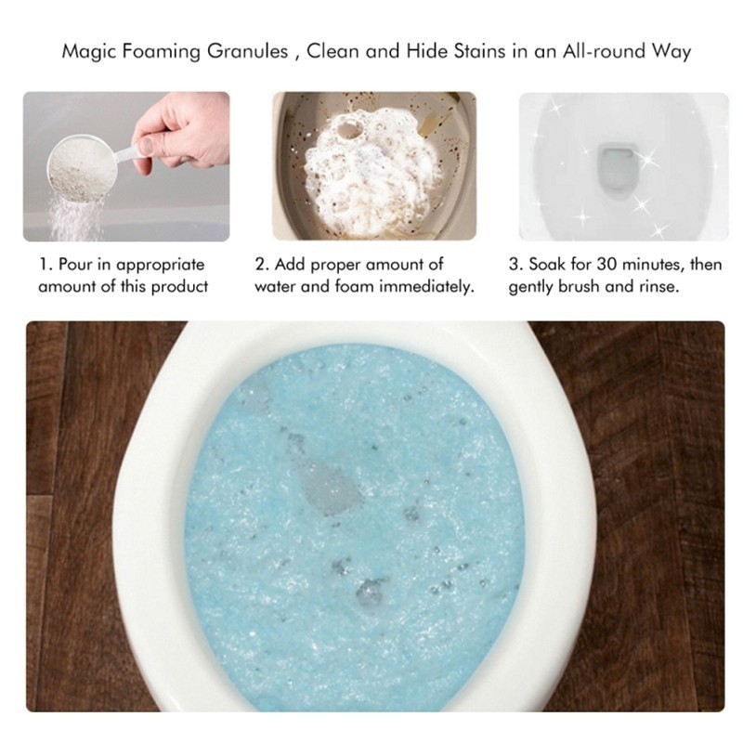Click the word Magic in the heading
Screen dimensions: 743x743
88,52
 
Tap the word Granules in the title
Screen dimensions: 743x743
247,52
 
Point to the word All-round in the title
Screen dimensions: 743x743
605,51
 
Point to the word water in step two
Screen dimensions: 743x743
275,287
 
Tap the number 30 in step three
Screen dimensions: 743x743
606,264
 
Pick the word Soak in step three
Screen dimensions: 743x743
548,264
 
